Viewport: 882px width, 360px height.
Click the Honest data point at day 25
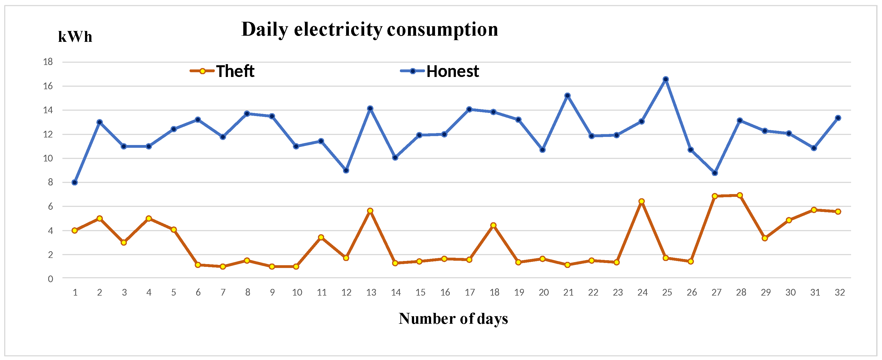tap(665, 79)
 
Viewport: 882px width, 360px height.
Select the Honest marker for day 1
tap(75, 183)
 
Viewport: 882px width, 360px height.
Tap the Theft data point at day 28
tap(740, 195)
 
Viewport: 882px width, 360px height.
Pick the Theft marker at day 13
tap(370, 211)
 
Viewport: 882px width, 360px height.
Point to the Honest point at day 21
tap(567, 96)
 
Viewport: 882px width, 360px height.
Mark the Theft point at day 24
tap(642, 201)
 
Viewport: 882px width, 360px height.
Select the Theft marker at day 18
tap(493, 225)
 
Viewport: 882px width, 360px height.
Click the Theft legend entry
tap(223, 71)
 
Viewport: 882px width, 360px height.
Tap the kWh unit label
tap(75, 37)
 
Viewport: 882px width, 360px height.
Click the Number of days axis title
tap(453, 318)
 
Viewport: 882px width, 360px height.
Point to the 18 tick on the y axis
tap(48, 62)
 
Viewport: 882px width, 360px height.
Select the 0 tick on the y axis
tap(50, 279)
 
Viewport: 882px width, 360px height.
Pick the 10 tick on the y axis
tap(48, 158)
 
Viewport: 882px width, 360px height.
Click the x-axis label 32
tap(840, 293)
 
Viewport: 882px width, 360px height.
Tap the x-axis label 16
tap(445, 293)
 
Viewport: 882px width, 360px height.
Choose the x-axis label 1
tap(75, 293)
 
